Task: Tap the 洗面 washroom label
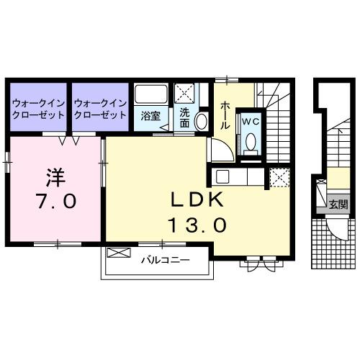[x=185, y=116]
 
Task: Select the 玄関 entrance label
[x=338, y=204]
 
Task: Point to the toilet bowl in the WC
[x=250, y=144]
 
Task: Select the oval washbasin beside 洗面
[x=202, y=121]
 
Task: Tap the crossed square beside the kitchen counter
[x=278, y=175]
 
